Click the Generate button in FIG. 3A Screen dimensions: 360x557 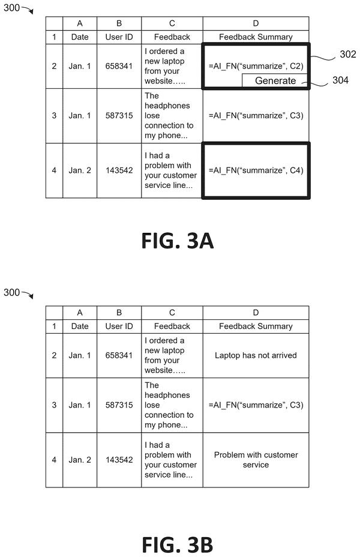coord(275,80)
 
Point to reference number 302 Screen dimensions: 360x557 coord(347,54)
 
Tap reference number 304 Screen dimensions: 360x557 coord(340,80)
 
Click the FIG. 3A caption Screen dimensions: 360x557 coord(178,241)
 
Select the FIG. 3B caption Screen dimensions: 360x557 coord(178,544)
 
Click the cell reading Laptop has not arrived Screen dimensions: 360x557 coord(256,355)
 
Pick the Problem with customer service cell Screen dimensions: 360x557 coord(256,460)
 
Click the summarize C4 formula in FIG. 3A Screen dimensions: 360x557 coord(256,170)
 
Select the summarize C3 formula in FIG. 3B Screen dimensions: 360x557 coord(256,405)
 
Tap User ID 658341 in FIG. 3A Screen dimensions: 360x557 coord(119,66)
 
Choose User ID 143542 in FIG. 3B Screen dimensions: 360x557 coord(119,460)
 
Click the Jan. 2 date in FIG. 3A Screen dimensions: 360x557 coord(80,170)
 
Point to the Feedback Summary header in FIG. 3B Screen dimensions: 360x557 coord(256,326)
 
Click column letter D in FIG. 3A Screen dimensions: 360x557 coord(256,23)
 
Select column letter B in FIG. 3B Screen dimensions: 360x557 coord(119,313)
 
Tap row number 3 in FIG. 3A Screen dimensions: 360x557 coord(54,115)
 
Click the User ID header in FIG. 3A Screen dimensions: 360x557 coord(119,37)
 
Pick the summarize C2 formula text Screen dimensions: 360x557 coord(256,66)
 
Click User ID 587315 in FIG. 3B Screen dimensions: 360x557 coord(119,405)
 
